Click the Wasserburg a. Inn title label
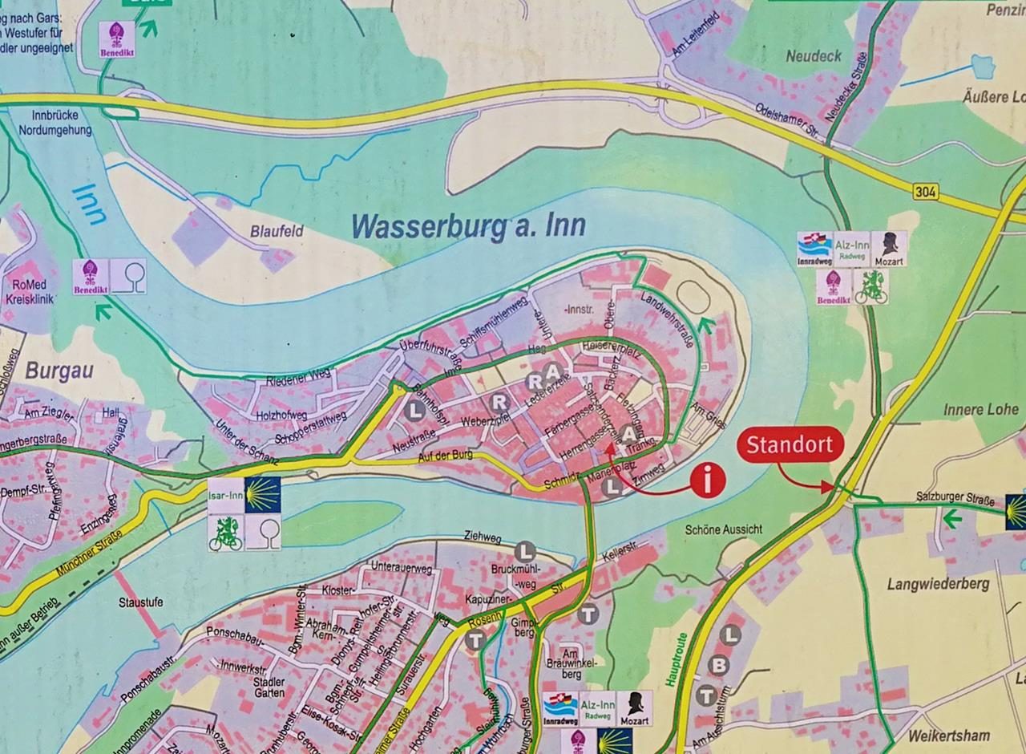tap(469, 226)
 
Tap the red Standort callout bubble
tap(790, 446)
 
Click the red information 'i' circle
tap(708, 480)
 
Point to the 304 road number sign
tap(924, 192)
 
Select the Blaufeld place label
tap(277, 231)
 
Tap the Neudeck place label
tap(814, 56)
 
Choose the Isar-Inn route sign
tap(226, 496)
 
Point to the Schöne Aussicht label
tap(724, 530)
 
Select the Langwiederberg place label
tap(938, 584)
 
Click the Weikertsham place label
tap(948, 735)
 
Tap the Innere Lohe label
tap(980, 410)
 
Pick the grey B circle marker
tap(719, 664)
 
